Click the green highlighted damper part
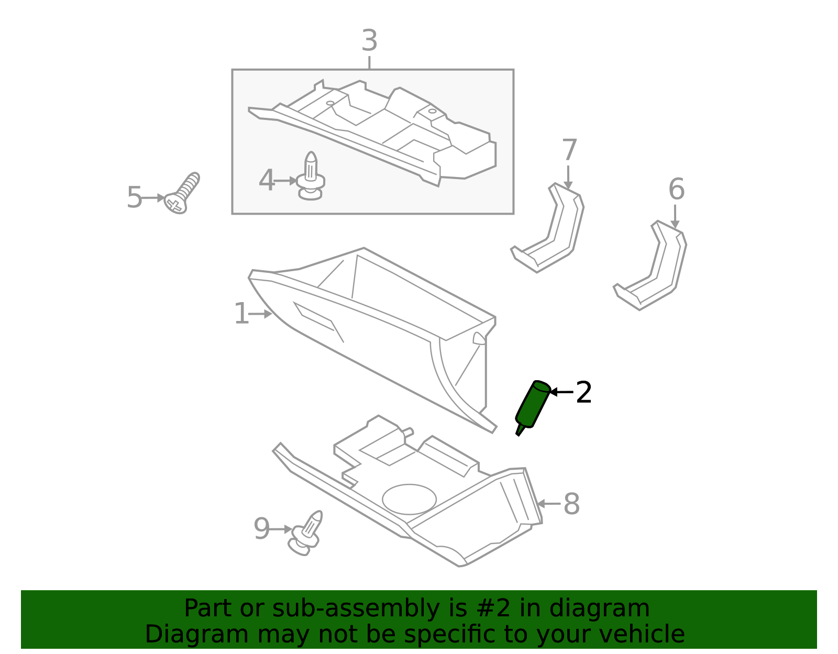[x=533, y=406]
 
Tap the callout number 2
[x=583, y=392]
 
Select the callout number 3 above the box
[x=369, y=41]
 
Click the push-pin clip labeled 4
[x=311, y=177]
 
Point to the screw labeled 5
[x=182, y=193]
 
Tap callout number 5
[x=134, y=198]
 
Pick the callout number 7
[x=569, y=151]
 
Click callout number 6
[x=676, y=190]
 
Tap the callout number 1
[x=241, y=314]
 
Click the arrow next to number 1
[x=260, y=314]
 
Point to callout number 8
[x=571, y=504]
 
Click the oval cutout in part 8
[x=409, y=499]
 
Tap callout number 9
[x=261, y=529]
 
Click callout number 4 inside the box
[x=267, y=181]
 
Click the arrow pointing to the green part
[x=561, y=392]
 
